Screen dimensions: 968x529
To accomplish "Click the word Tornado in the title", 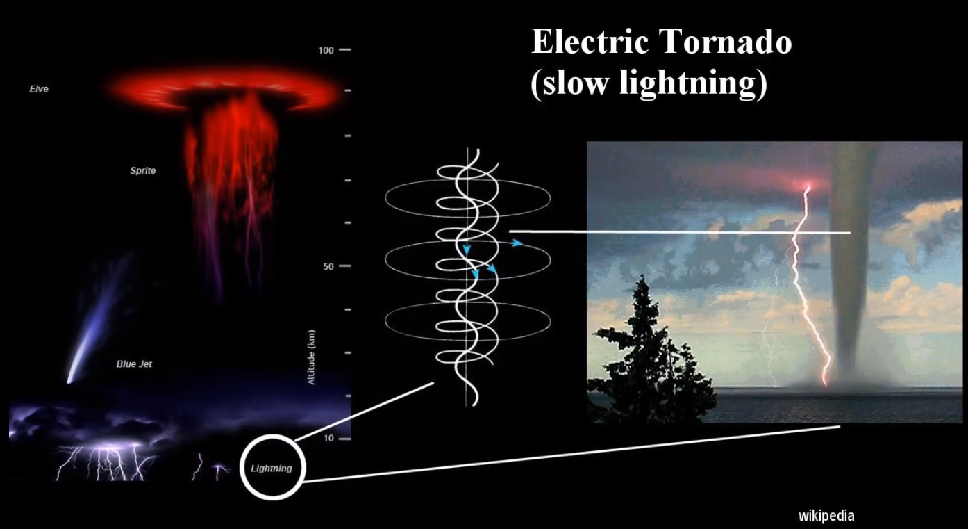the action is click(726, 42).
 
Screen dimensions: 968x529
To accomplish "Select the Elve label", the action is click(39, 89).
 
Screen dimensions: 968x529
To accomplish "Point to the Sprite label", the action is click(142, 170).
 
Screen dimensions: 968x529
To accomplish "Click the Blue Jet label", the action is click(134, 364).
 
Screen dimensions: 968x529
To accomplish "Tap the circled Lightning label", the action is click(272, 469).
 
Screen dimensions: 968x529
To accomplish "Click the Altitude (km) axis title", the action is click(311, 357).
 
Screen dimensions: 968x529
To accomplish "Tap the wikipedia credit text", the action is click(826, 516).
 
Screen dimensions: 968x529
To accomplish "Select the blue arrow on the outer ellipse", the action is click(517, 243).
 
